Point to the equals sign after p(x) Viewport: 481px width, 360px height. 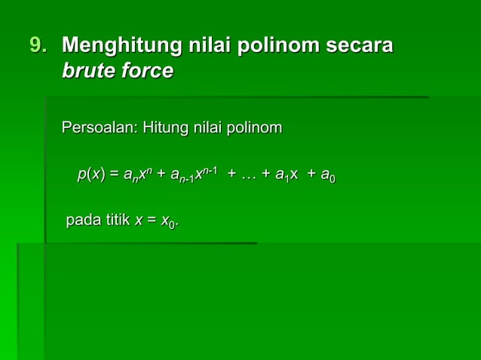point(115,175)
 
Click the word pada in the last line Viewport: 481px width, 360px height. point(81,221)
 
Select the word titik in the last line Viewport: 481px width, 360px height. point(115,221)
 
